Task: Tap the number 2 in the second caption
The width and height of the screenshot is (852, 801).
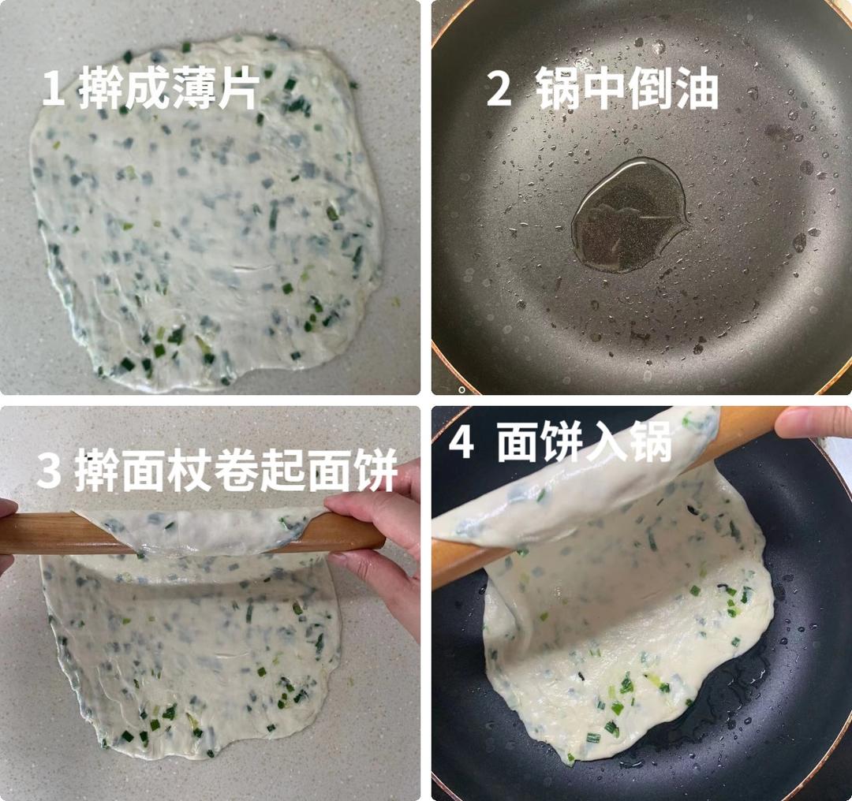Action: tap(499, 90)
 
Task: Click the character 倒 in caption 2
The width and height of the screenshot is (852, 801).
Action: tap(649, 90)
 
